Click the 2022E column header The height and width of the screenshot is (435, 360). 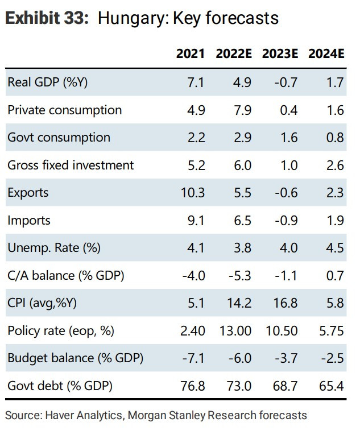(x=234, y=53)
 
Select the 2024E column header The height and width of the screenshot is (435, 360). (x=326, y=53)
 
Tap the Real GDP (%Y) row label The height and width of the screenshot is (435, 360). (x=47, y=82)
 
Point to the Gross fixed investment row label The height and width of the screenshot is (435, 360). (x=71, y=165)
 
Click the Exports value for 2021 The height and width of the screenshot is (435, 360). (x=193, y=193)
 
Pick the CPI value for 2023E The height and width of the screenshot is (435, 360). (x=285, y=303)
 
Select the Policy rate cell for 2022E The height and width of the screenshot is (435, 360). (x=235, y=330)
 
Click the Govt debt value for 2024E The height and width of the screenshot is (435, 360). (x=332, y=386)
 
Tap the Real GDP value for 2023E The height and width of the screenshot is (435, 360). (x=286, y=82)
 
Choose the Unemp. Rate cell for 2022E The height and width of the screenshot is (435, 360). (x=242, y=248)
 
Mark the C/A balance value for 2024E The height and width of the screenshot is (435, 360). (x=335, y=275)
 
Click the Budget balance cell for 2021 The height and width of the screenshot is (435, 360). (x=193, y=358)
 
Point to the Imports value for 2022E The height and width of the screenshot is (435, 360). (x=242, y=221)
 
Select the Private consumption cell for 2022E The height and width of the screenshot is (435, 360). (x=242, y=110)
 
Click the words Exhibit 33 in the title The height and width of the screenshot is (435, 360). (x=47, y=18)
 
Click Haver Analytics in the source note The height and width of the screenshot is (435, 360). (x=84, y=415)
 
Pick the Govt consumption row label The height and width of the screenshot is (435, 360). (x=59, y=138)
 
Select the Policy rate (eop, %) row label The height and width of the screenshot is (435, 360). (x=61, y=331)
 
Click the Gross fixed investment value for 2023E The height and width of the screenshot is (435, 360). (x=289, y=165)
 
